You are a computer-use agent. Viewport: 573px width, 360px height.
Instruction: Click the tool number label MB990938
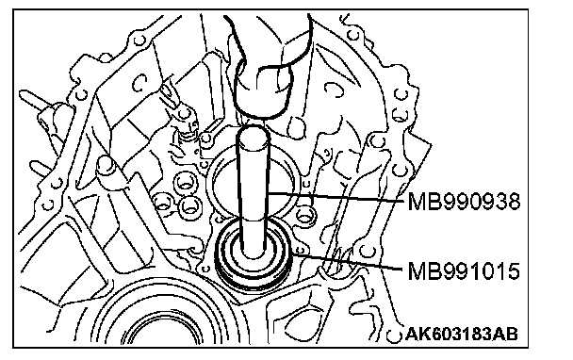pos(464,202)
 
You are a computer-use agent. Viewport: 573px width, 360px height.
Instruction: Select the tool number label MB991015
pos(464,271)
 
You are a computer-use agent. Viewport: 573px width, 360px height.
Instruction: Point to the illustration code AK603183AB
pos(462,334)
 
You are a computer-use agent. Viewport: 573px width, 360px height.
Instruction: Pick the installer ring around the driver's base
pos(254,253)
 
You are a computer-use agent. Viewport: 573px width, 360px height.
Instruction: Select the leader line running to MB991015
pos(349,261)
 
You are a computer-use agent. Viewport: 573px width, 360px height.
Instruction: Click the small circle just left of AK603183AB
pos(394,335)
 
